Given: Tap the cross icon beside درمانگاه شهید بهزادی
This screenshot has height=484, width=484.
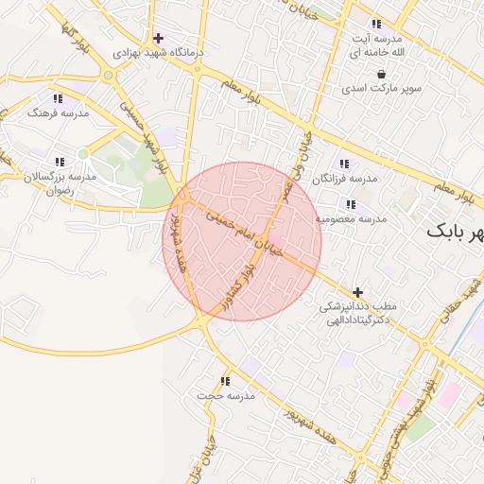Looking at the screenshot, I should coord(158,39).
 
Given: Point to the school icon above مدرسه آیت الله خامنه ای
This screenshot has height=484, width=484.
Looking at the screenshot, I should coord(376,24).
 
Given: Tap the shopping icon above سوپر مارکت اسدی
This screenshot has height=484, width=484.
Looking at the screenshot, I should coord(381,74).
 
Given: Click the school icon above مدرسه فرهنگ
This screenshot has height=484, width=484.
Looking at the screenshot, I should coord(58,98).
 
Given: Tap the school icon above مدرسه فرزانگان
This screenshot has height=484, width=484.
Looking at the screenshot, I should coord(342,164).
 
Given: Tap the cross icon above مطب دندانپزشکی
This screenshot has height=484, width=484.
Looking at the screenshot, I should coord(357,293).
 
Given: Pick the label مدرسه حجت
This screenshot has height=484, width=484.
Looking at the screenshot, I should coord(226,396).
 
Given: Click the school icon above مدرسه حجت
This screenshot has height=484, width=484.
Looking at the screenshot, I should coord(225,381).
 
